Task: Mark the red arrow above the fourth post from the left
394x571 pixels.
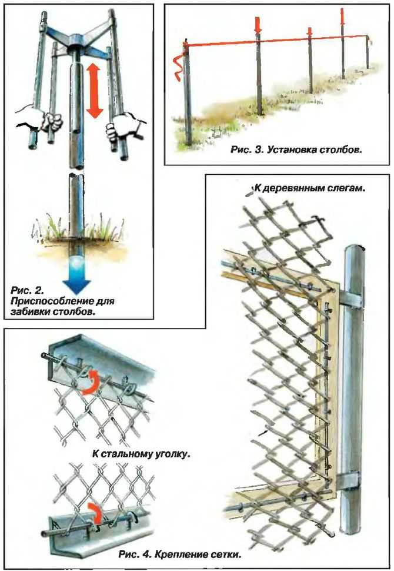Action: click(343, 16)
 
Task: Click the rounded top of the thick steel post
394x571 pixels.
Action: click(358, 253)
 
